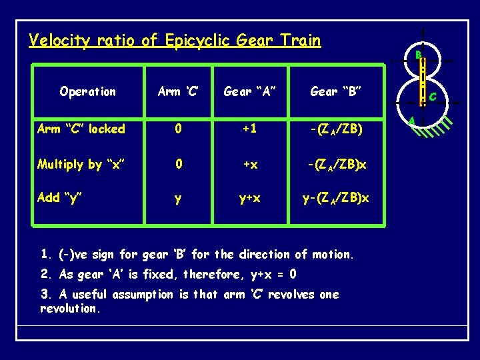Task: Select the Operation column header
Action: coord(87,92)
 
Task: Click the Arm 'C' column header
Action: coord(177,92)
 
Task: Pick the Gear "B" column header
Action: coord(336,92)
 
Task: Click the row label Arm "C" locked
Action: coord(82,129)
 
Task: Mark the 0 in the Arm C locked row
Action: coord(177,129)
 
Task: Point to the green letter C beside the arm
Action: coord(433,97)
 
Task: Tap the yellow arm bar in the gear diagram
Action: coord(423,83)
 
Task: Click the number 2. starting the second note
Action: coord(46,274)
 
